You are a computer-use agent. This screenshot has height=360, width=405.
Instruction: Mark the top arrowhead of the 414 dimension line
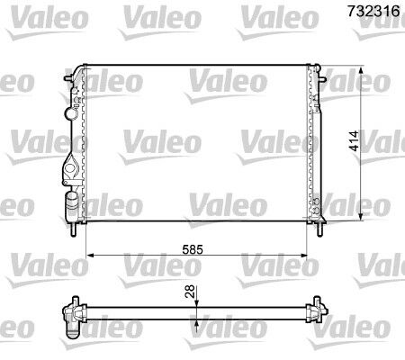(x=362, y=68)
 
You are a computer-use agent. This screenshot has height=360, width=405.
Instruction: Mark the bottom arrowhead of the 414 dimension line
(x=362, y=217)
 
